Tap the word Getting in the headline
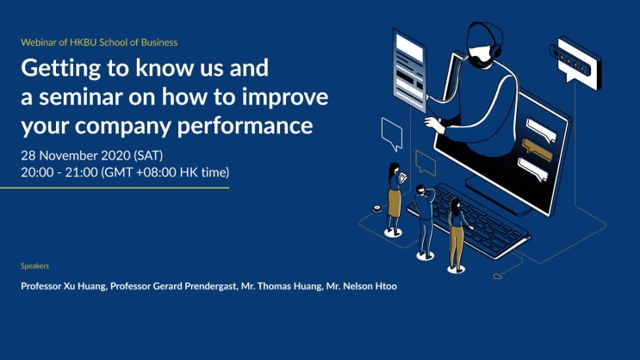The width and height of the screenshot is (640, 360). [x=60, y=69]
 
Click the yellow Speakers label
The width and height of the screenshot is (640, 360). [x=34, y=266]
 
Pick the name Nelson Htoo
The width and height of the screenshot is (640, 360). [x=370, y=286]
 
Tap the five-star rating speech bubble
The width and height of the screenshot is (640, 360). [x=575, y=63]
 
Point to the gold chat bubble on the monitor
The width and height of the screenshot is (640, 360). [x=537, y=150]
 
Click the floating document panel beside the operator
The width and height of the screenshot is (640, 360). [x=409, y=70]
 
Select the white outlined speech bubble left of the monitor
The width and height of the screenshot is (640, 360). [x=392, y=133]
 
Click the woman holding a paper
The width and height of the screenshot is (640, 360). [x=395, y=199]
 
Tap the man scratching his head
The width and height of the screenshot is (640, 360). [x=424, y=220]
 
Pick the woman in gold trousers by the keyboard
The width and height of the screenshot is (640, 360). [x=457, y=235]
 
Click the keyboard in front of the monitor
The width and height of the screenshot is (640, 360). [x=469, y=220]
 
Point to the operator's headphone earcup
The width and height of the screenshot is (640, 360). [x=496, y=51]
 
